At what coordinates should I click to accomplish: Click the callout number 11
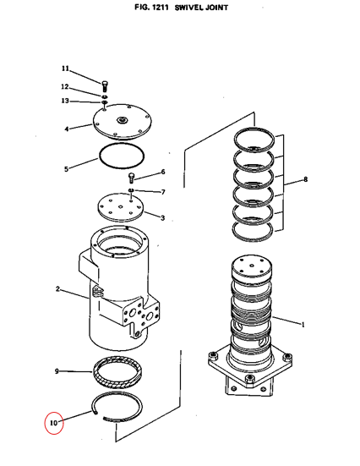pos(65,69)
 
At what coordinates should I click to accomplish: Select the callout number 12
pos(65,87)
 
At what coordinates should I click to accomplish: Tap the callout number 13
pos(65,101)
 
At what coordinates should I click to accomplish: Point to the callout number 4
pos(67,129)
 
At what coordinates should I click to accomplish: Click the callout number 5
pos(66,169)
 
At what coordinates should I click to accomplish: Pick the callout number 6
pos(163,172)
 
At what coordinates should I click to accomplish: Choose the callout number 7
pos(163,192)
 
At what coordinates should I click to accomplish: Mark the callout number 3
pos(162,218)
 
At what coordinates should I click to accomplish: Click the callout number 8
pos(305,179)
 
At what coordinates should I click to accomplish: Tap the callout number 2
pos(57,289)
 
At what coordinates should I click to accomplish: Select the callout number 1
pos(303,325)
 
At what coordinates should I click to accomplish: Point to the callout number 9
pos(57,371)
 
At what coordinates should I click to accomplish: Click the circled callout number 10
pos(54,423)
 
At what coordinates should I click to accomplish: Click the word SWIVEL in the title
pos(189,8)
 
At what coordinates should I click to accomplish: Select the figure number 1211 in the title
pos(160,8)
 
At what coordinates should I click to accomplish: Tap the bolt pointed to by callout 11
pos(105,86)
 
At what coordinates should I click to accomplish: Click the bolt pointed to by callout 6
pos(131,178)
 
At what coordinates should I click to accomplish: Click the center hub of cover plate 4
pos(122,120)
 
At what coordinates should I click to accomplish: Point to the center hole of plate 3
pos(120,207)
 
